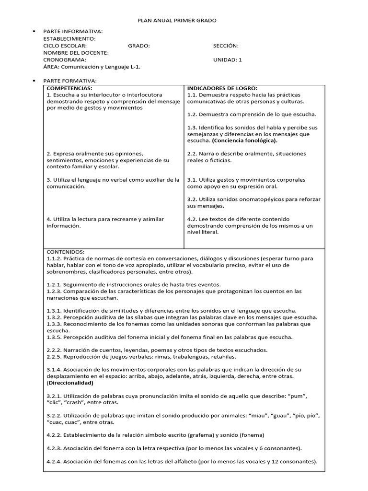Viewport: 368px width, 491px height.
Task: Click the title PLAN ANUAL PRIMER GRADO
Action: [177, 21]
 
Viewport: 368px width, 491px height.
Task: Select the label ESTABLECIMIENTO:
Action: [69, 39]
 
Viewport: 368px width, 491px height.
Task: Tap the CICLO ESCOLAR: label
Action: [65, 46]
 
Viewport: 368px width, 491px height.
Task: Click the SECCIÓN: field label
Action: [226, 46]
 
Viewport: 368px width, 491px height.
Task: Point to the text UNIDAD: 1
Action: [228, 60]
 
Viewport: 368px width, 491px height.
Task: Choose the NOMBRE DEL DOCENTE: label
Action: [76, 53]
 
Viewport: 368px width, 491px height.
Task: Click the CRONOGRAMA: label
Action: [65, 60]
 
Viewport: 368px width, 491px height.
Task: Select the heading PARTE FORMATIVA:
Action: [70, 81]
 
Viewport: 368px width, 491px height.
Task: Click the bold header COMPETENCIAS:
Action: [69, 88]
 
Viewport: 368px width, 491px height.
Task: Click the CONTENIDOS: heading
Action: [66, 252]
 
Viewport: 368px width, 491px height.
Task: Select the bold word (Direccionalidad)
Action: [70, 383]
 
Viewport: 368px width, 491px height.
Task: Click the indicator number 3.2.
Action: [192, 199]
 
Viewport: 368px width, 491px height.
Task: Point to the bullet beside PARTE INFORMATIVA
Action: [35, 32]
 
